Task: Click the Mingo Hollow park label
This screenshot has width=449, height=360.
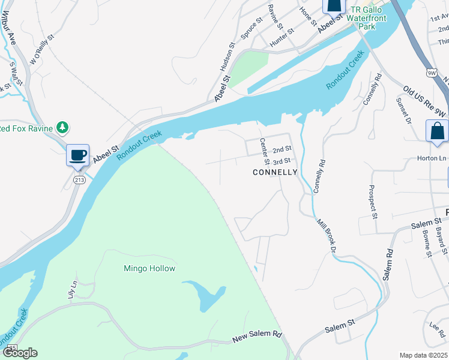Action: [149, 268]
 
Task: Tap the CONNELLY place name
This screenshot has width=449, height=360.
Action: [275, 172]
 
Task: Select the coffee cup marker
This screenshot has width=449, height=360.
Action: [77, 155]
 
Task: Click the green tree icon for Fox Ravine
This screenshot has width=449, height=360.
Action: [62, 127]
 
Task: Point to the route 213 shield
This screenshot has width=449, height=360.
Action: [79, 179]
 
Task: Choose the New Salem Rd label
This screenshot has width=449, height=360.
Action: [257, 337]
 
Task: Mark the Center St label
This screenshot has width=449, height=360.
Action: [263, 152]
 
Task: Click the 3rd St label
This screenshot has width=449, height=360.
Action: [282, 161]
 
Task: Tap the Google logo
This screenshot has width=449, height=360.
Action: [19, 353]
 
